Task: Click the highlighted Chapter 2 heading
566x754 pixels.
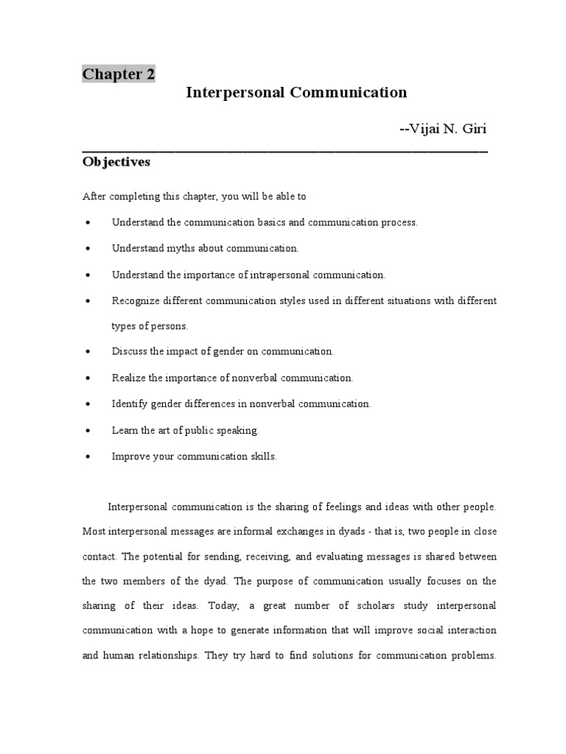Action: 118,74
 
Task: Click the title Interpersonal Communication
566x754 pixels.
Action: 296,93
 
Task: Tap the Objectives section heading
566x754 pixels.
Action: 116,162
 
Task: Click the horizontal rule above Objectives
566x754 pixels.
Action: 284,149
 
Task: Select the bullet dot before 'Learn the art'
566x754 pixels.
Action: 88,430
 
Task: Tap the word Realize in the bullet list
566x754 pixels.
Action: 129,378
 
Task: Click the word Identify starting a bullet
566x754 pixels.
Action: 130,404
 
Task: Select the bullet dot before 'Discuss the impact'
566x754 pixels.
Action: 88,352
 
